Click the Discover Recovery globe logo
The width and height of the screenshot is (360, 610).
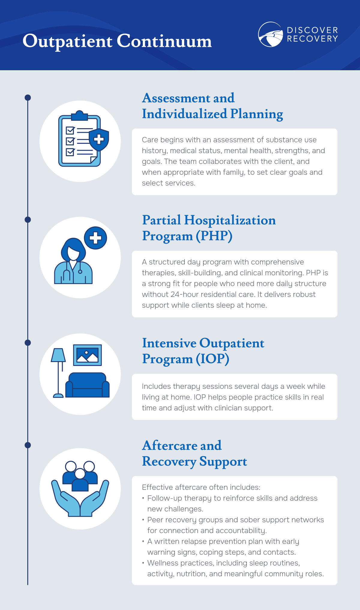[271, 34]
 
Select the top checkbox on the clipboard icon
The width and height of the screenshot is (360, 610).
[70, 131]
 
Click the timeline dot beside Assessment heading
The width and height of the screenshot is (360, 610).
[28, 98]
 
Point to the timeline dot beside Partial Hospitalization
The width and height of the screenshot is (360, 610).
[28, 220]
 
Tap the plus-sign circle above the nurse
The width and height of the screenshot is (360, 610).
[95, 238]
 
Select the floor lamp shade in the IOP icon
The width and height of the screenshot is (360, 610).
[58, 355]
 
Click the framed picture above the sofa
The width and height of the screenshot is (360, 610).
[87, 355]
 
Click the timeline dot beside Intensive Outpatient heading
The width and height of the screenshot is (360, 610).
[28, 343]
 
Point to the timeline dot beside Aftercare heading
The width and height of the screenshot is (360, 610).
[28, 445]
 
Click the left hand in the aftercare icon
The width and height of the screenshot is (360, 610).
[66, 498]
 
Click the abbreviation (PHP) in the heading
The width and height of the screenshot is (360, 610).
[214, 236]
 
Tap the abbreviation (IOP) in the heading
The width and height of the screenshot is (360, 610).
[213, 359]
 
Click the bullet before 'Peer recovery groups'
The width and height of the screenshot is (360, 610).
[143, 520]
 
